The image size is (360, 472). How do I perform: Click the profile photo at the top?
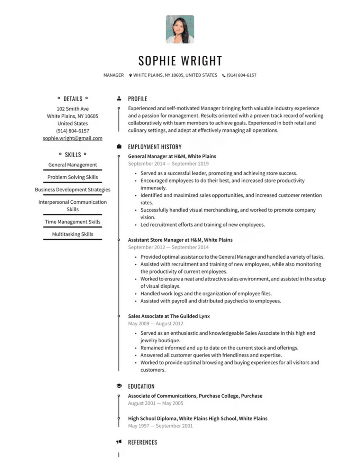pyautogui.click(x=180, y=29)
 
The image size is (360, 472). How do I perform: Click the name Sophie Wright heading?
pyautogui.click(x=180, y=61)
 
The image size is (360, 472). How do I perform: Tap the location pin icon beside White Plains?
pyautogui.click(x=130, y=75)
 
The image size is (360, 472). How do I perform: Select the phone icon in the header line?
pyautogui.click(x=224, y=75)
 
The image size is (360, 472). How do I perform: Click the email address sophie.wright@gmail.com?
pyautogui.click(x=73, y=138)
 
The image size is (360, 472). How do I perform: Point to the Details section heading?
pyautogui.click(x=73, y=99)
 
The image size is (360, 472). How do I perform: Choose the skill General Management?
pyautogui.click(x=73, y=165)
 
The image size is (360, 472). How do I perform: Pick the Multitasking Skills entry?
pyautogui.click(x=73, y=234)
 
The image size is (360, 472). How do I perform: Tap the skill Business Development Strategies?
pyautogui.click(x=73, y=190)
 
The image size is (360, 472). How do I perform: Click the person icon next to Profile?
pyautogui.click(x=119, y=99)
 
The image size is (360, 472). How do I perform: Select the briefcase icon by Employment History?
pyautogui.click(x=119, y=147)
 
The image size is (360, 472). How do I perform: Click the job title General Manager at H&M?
pyautogui.click(x=172, y=156)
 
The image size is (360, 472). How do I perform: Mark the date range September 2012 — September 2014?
pyautogui.click(x=168, y=247)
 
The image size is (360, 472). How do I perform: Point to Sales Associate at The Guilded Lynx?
pyautogui.click(x=169, y=316)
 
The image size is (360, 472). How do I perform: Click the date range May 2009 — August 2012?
pyautogui.click(x=156, y=324)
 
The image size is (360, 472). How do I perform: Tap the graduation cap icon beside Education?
pyautogui.click(x=119, y=386)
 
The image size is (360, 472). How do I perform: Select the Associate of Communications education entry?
pyautogui.click(x=195, y=396)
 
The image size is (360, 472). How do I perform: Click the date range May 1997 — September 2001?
pyautogui.click(x=160, y=426)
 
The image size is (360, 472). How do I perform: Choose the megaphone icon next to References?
pyautogui.click(x=119, y=442)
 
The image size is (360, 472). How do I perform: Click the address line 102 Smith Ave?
pyautogui.click(x=73, y=109)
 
